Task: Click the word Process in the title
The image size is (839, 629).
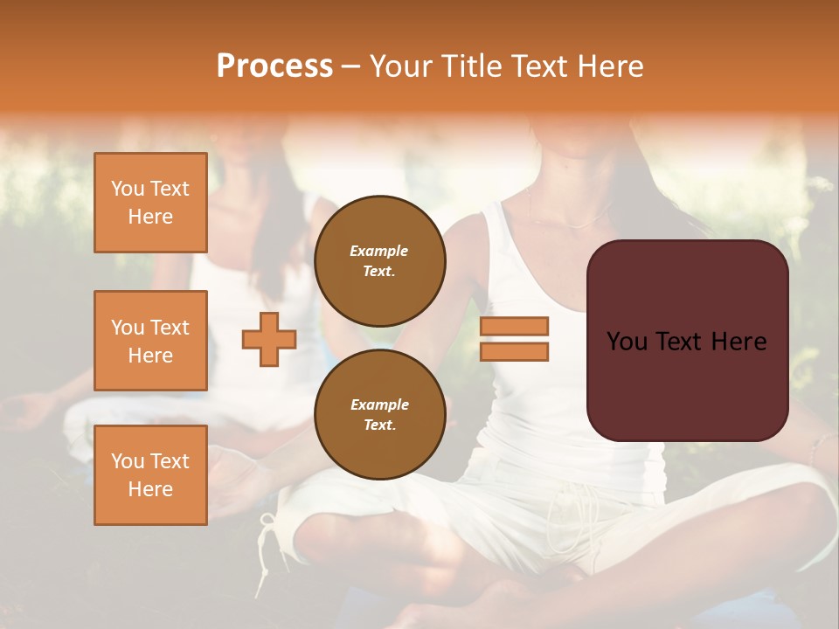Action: tap(274, 66)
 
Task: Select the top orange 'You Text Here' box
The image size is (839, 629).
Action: tap(150, 203)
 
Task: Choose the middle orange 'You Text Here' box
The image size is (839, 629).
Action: tap(150, 341)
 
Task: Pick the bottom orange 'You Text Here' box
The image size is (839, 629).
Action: tap(150, 475)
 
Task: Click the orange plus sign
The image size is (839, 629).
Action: tap(269, 339)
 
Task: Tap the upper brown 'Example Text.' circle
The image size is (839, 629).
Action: tap(379, 260)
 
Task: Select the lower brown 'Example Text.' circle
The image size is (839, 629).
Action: tap(379, 414)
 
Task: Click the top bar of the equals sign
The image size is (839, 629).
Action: tap(514, 326)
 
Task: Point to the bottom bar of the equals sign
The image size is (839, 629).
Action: tap(514, 352)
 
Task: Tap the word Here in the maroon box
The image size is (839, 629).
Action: tap(738, 342)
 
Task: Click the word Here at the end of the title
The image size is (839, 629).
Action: tap(610, 66)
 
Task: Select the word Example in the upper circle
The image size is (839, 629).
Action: tap(379, 251)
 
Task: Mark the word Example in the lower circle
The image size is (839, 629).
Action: tap(379, 404)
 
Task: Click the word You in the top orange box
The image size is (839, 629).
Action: tap(127, 189)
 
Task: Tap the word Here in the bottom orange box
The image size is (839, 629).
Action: tap(150, 489)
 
